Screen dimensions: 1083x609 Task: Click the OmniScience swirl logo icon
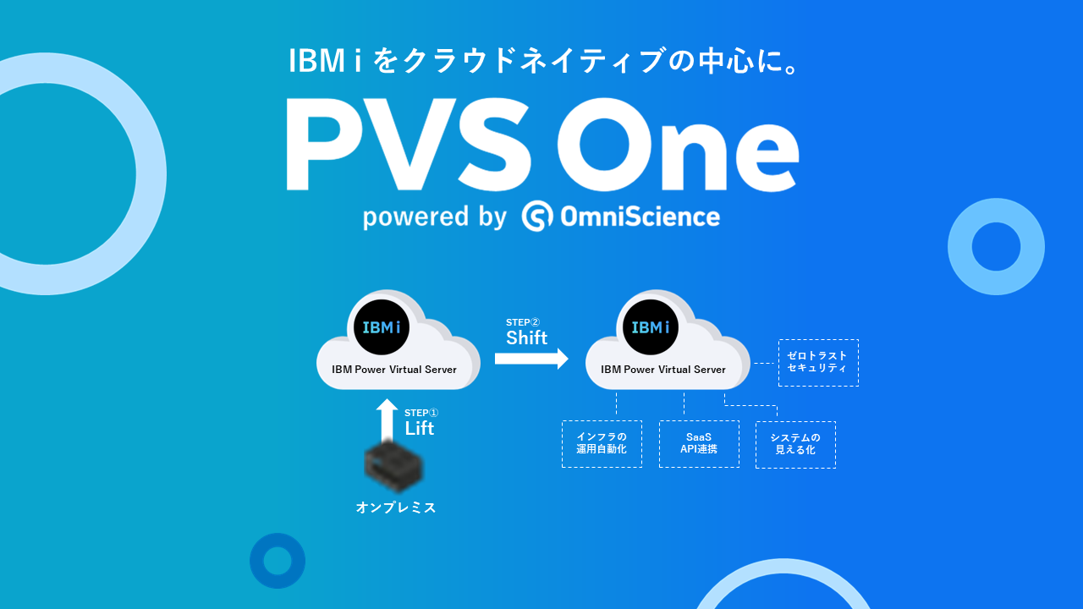(x=537, y=217)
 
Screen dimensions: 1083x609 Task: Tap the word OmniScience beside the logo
(x=640, y=217)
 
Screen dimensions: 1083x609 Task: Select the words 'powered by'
(x=434, y=217)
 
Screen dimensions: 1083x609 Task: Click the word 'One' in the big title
(x=677, y=145)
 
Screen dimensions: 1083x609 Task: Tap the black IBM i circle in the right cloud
(x=651, y=327)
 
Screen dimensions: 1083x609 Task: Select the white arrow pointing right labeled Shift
(x=531, y=359)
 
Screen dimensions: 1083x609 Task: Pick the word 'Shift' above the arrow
(x=526, y=337)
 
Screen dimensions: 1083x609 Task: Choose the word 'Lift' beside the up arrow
(x=419, y=428)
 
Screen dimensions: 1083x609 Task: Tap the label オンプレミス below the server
(x=396, y=507)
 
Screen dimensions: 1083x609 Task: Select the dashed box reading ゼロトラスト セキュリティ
(x=818, y=362)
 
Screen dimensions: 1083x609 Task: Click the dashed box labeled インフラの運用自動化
(x=602, y=444)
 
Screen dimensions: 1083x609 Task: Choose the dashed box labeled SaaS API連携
(x=699, y=444)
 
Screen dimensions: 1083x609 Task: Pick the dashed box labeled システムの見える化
(x=795, y=444)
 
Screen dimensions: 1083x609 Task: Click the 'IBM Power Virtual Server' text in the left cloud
(x=394, y=370)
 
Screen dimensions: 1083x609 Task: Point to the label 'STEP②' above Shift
(x=522, y=322)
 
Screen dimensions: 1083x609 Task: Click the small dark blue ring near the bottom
(x=278, y=561)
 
